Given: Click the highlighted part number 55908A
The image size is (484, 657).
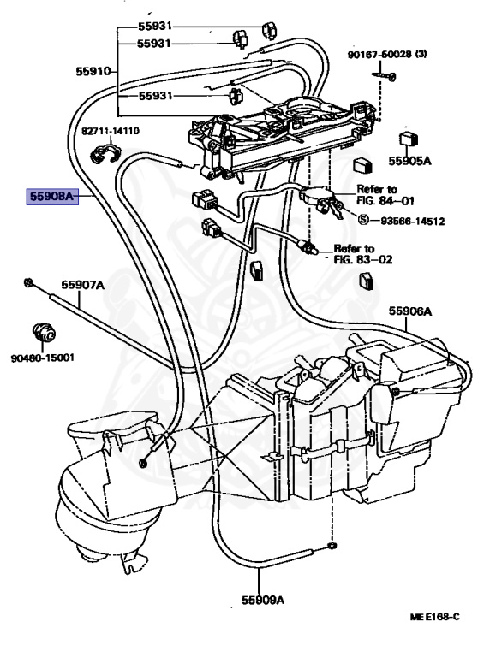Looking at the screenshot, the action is coord(52,196).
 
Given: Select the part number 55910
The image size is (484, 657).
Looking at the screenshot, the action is coord(93,72).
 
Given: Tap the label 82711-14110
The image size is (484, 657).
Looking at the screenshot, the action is coord(111,131).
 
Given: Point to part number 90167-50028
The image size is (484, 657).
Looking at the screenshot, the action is coord(379,54).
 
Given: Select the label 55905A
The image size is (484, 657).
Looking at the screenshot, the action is coord(409,162).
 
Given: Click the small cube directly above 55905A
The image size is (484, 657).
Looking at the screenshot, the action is coord(408,139).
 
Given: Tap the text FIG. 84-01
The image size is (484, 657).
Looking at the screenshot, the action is coord(385,201).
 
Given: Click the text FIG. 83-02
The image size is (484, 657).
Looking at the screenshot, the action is coord(363,260).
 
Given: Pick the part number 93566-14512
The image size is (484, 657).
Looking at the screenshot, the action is coord(413,221).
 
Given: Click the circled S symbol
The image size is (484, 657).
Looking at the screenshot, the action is coord(363,219).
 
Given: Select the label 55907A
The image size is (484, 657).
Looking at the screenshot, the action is coord(82,285).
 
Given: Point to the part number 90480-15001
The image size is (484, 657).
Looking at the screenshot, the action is coord(42,358).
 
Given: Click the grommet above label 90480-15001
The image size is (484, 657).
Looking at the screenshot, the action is coord(44,333).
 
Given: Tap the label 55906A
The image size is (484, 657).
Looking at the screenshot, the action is coord(409,311).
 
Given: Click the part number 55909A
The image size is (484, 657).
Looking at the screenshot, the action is coord(262,600).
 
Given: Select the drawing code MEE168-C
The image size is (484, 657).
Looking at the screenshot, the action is coord(434,616).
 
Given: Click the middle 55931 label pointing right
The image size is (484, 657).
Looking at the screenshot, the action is coord(154,44).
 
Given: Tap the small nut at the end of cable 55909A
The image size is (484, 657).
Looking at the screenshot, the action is coord(332,545).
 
